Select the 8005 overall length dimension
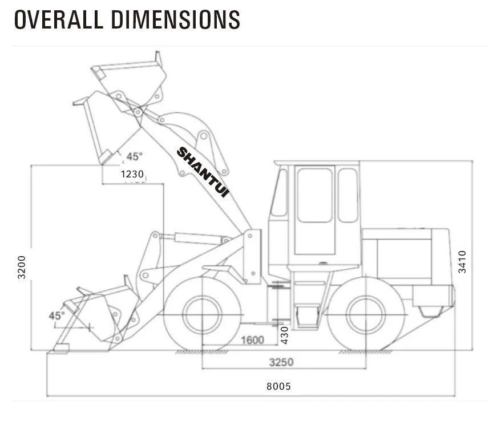click(x=278, y=386)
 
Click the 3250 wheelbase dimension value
click(x=281, y=362)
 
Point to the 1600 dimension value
click(x=252, y=341)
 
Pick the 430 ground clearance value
click(x=284, y=334)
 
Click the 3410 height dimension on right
click(x=462, y=262)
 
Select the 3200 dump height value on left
click(x=22, y=266)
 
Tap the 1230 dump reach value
click(x=132, y=175)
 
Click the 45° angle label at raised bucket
click(x=134, y=156)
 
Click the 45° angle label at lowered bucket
click(x=56, y=315)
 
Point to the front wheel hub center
click(x=202, y=315)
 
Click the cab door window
click(x=314, y=195)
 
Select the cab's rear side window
click(x=347, y=195)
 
